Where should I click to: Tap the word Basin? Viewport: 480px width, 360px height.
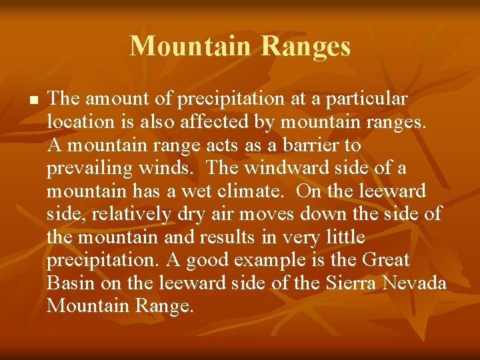coord(71,283)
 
